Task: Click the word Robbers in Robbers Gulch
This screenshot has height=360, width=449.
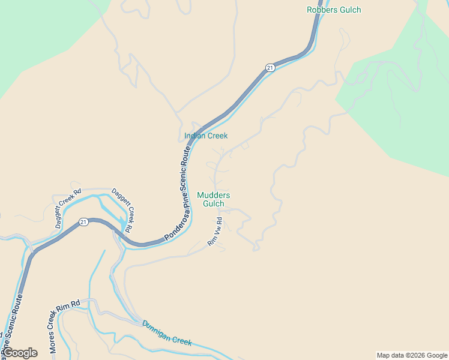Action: (x=321, y=10)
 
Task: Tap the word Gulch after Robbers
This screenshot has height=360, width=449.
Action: (x=351, y=10)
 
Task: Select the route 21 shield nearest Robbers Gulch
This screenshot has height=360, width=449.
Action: (x=270, y=68)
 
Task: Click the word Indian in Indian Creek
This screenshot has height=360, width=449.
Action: (x=195, y=136)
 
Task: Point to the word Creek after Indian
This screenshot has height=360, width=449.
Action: (x=218, y=136)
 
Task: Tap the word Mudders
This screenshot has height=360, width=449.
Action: (x=214, y=195)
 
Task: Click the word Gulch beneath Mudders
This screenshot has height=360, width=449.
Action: (x=214, y=203)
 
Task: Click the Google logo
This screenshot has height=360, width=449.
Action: (x=19, y=353)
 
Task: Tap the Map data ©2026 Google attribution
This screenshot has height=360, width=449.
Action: (x=412, y=355)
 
